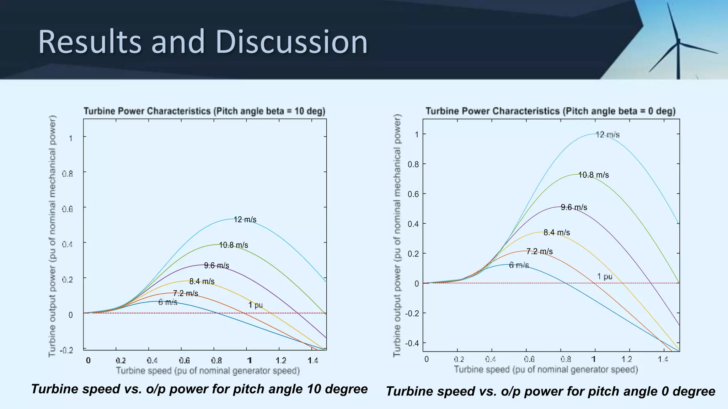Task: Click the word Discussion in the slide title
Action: [x=291, y=42]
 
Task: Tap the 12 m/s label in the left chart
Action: [x=245, y=220]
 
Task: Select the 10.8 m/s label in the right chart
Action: [x=593, y=175]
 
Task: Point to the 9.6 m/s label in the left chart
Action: [x=216, y=266]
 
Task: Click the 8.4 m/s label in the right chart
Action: [x=556, y=233]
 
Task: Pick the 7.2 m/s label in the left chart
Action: [x=185, y=293]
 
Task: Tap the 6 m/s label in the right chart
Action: [x=519, y=265]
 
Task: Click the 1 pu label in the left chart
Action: [x=255, y=305]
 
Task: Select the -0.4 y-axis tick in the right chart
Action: [x=412, y=343]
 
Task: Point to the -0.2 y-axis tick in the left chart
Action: [x=66, y=350]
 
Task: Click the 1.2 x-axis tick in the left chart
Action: [x=281, y=361]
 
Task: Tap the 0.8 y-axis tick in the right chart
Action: [x=413, y=164]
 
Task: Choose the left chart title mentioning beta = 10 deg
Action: [x=204, y=111]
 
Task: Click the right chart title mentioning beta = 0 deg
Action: [x=550, y=111]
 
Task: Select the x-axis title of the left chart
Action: [x=208, y=371]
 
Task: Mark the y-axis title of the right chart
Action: [x=397, y=235]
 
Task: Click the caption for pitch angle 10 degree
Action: [x=199, y=389]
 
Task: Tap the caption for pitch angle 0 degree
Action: [x=550, y=391]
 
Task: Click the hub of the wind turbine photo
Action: [x=678, y=42]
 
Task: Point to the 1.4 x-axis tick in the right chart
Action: [x=663, y=359]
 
